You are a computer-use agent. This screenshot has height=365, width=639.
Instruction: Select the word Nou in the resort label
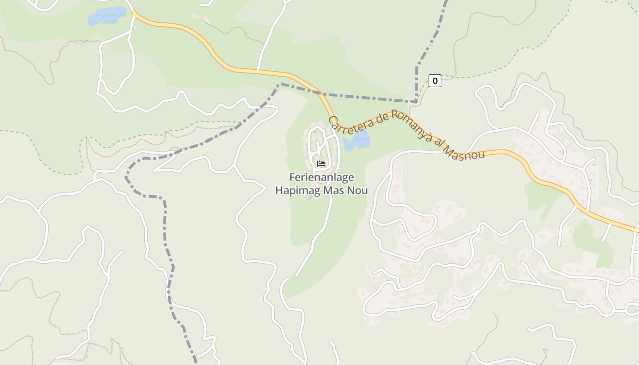(x=358, y=190)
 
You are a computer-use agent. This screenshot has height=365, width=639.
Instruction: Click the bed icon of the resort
(x=321, y=164)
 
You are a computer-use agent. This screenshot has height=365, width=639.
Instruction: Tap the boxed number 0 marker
(x=435, y=81)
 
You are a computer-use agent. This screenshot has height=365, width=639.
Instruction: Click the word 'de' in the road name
(x=381, y=117)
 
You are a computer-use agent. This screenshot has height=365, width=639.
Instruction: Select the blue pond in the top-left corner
(x=107, y=16)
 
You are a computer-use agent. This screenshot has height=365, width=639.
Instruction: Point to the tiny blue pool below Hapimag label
(x=310, y=198)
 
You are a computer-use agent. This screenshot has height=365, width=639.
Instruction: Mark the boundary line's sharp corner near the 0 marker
(x=416, y=101)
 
